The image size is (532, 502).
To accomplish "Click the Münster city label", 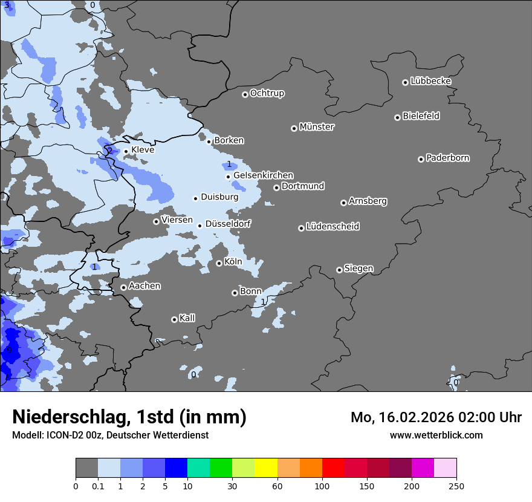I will [317, 127].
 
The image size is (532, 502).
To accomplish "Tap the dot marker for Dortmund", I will [276, 187].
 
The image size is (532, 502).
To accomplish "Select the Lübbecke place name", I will [430, 81].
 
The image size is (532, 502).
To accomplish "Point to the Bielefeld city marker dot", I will [398, 117].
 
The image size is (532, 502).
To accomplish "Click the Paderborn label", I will [448, 158].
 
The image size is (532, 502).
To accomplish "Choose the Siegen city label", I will [358, 269].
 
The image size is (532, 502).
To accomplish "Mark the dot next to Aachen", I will [123, 287].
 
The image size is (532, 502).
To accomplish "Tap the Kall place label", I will [187, 318].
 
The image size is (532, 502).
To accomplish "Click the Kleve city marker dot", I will [126, 151].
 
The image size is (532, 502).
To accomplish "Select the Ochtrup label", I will [267, 93].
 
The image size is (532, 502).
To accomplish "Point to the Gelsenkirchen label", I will [263, 175].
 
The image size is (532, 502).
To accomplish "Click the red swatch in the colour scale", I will [333, 468].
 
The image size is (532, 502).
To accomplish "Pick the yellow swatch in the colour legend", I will [266, 468].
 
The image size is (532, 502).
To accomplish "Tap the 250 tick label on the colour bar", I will [456, 486].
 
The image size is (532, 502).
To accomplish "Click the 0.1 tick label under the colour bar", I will [98, 486].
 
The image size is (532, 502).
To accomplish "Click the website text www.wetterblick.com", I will [436, 435].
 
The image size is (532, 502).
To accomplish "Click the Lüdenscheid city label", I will [332, 227].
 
